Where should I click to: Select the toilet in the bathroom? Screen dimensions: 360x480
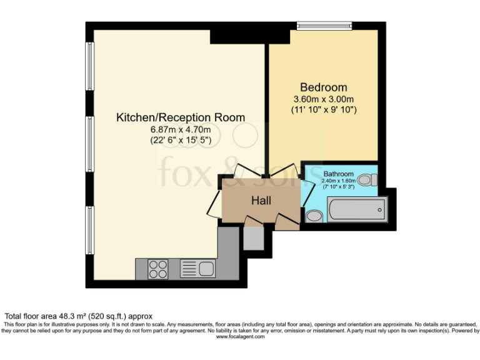coord(369,180)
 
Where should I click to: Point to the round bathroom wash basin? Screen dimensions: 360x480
coord(314,216)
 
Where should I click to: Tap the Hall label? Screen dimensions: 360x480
coord(261,201)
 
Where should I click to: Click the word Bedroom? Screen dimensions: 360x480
coord(323,87)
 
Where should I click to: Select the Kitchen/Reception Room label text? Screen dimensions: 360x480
coord(181,117)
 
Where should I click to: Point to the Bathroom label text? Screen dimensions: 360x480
coord(338,174)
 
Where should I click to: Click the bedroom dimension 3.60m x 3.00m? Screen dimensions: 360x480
coord(324,99)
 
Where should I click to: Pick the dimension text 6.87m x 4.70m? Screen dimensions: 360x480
coord(181,130)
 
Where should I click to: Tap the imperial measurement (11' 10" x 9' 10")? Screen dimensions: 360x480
coord(324,110)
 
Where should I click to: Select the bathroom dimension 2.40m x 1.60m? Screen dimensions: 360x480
coord(338,181)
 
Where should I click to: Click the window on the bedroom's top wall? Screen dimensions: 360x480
coord(324,26)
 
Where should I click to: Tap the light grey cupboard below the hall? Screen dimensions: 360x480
coord(253,237)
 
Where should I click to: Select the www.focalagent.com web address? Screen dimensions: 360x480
coord(240,337)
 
